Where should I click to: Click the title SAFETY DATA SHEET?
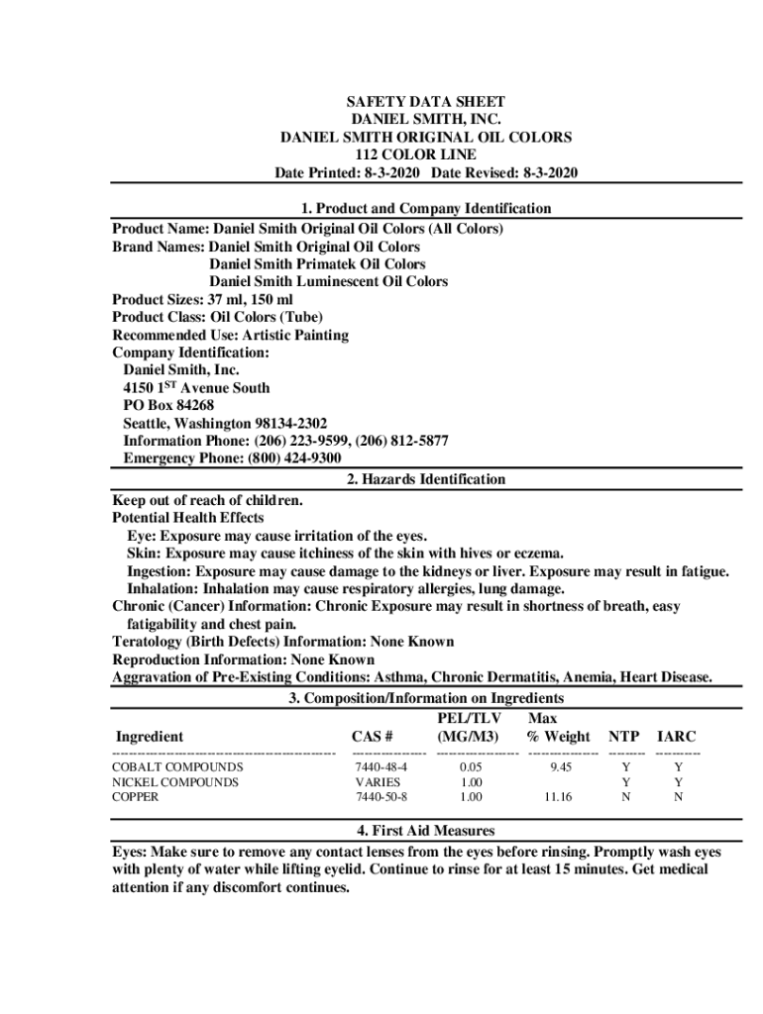[425, 102]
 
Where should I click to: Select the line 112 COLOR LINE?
[425, 155]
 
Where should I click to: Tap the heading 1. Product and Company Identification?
[425, 209]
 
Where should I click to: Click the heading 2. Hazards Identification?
[425, 479]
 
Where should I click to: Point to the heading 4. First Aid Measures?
[425, 831]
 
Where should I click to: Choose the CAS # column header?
[373, 737]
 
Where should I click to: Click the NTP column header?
[623, 737]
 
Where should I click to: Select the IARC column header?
[677, 737]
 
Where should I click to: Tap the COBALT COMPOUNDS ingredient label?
[177, 767]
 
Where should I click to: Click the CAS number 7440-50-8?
[381, 796]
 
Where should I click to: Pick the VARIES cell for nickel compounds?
[378, 782]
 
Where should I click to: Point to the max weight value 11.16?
[558, 796]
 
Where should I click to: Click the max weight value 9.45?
[561, 767]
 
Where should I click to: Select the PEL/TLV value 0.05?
[471, 767]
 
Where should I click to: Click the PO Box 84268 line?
[168, 405]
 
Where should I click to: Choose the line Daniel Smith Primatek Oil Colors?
[317, 264]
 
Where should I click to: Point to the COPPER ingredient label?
[135, 796]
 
